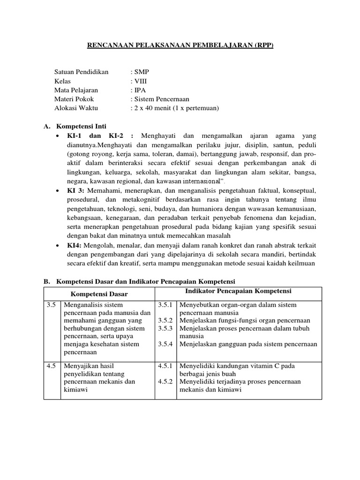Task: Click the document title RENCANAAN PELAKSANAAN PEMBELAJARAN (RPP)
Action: tap(180, 45)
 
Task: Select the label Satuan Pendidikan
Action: tap(81, 72)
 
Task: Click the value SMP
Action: tap(141, 72)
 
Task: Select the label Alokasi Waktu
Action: tap(77, 108)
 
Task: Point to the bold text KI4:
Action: tap(74, 245)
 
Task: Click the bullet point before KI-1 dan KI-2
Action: tap(57, 135)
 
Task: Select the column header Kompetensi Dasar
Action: tap(99, 293)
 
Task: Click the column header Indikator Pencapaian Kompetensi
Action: tap(238, 291)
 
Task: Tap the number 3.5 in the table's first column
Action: tap(52, 305)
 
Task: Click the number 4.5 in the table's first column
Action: tap(52, 366)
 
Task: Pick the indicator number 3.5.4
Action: tap(166, 344)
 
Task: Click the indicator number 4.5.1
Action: tap(166, 366)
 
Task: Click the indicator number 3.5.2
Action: tap(166, 321)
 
